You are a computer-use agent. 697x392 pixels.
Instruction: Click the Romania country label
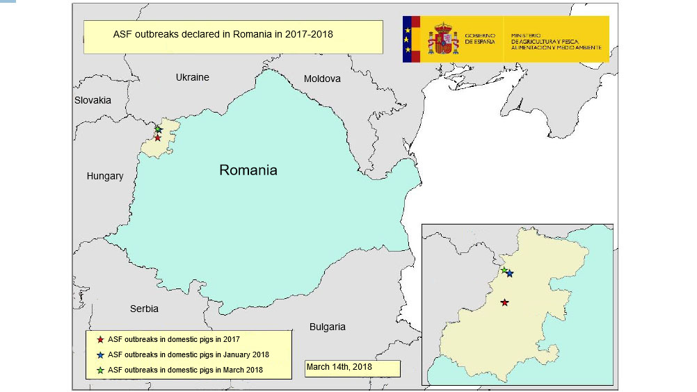[x=248, y=170]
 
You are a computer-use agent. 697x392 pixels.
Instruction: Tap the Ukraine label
[x=192, y=77]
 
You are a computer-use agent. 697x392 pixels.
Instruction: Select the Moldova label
[x=322, y=79]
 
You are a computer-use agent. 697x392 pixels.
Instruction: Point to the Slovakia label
[x=93, y=100]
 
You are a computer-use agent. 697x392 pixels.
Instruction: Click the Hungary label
[x=105, y=176]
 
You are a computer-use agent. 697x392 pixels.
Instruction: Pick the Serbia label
[x=144, y=309]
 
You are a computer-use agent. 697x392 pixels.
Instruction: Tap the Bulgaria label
[x=327, y=327]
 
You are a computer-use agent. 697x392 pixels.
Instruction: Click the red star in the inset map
[x=504, y=302]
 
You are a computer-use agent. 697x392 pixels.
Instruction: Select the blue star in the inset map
[x=510, y=274]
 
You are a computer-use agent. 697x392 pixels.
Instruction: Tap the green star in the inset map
[x=504, y=270]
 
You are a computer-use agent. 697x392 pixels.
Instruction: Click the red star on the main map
[x=158, y=138]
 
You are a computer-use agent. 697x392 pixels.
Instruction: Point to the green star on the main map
[x=158, y=129]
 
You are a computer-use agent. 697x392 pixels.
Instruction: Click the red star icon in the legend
[x=100, y=340]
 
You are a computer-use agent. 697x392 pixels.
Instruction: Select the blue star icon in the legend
[x=100, y=354]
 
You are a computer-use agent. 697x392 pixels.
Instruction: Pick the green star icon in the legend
[x=100, y=370]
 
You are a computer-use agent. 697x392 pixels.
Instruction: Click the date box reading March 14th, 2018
[x=352, y=368]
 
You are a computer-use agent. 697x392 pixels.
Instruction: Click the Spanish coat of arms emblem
[x=443, y=39]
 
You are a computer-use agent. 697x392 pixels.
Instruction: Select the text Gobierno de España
[x=480, y=39]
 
